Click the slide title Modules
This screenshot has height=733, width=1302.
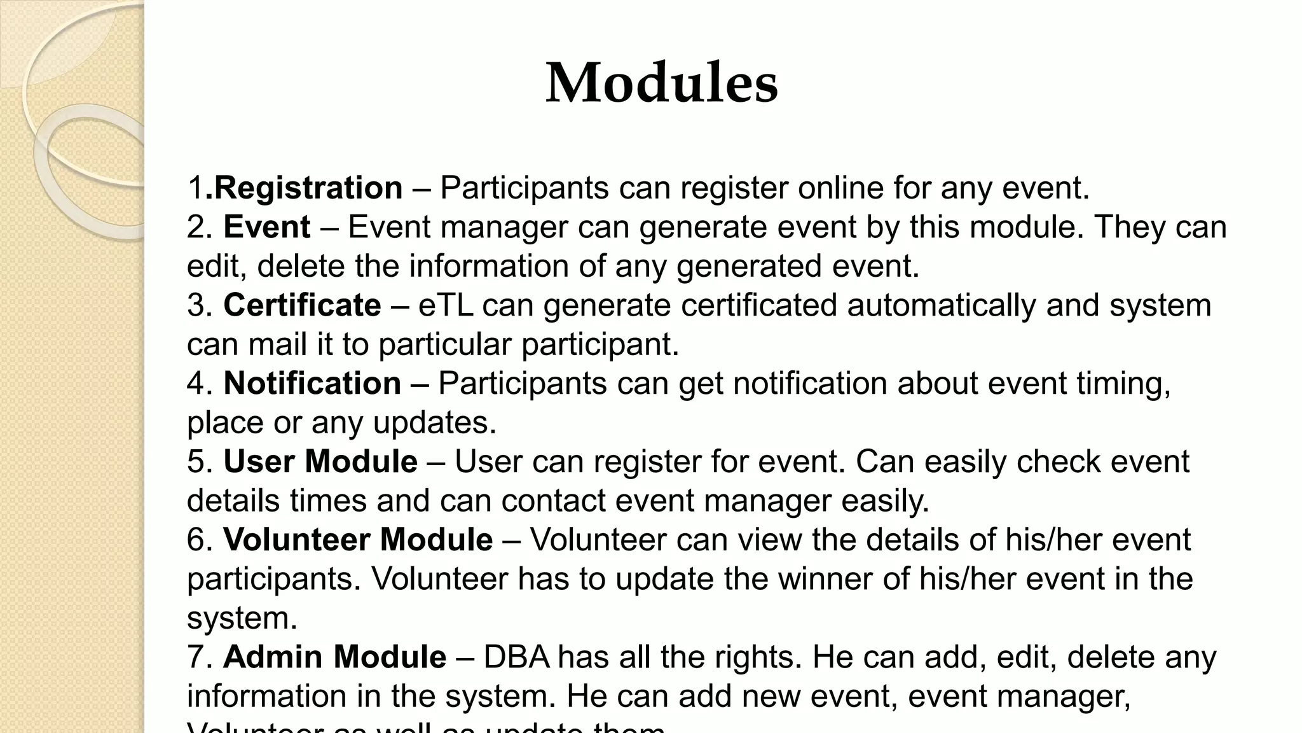[x=662, y=83]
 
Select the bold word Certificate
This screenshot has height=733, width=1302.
[x=302, y=305]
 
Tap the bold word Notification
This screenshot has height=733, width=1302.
[x=312, y=384]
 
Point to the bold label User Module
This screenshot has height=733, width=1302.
[x=320, y=462]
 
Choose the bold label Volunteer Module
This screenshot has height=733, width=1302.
[x=358, y=540]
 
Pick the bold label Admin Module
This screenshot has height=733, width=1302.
[x=334, y=657]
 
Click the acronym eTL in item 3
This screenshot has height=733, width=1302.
[x=446, y=305]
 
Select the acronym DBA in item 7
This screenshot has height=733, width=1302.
[x=516, y=657]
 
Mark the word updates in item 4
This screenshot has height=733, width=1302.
[x=434, y=423]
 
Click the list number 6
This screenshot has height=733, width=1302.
[x=199, y=540]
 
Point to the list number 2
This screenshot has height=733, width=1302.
[x=199, y=228]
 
